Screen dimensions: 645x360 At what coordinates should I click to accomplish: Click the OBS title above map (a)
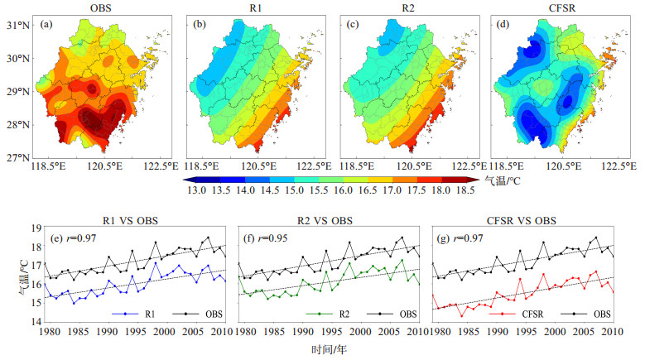[100, 7]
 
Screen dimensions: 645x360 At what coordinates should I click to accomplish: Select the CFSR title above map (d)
[562, 7]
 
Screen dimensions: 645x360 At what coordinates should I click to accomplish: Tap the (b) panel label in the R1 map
[200, 24]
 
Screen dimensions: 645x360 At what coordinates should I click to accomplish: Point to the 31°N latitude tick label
[18, 25]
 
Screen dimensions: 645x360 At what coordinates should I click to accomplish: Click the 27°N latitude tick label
[18, 157]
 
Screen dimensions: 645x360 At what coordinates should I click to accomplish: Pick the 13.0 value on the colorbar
[197, 190]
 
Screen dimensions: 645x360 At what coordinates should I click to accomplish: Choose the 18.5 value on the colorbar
[465, 190]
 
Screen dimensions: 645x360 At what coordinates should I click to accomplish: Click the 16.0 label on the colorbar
[343, 190]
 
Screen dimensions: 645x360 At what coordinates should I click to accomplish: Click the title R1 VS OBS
[130, 221]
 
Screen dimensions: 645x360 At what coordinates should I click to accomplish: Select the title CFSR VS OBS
[521, 221]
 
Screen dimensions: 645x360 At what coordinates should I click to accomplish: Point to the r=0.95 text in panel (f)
[278, 238]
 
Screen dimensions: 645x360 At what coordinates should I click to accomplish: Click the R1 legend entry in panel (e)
[133, 314]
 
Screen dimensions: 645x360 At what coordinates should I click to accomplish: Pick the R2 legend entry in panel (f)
[328, 314]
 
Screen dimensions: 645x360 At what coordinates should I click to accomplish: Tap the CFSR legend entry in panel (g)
[516, 314]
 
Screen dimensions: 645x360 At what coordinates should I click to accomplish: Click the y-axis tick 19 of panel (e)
[36, 228]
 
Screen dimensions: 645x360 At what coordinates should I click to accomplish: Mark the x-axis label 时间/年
[329, 350]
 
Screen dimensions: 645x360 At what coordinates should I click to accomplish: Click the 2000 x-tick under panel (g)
[555, 332]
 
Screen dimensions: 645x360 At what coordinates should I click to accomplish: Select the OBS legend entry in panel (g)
[585, 314]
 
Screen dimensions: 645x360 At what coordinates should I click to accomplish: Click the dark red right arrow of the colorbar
[473, 180]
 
